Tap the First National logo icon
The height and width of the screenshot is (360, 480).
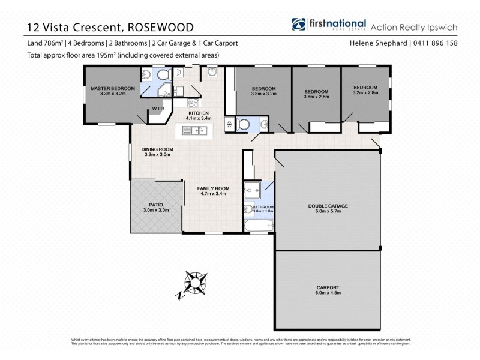point(298,25)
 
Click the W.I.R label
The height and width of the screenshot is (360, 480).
point(158,109)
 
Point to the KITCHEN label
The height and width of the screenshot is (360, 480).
point(198,113)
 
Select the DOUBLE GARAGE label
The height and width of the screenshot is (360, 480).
point(328,206)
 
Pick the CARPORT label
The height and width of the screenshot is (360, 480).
point(328,287)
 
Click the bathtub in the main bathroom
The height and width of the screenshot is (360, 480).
point(259,226)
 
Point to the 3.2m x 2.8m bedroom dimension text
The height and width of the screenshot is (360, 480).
point(365,93)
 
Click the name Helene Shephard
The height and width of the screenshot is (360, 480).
point(379,43)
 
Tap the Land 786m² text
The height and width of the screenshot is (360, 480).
point(45,43)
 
